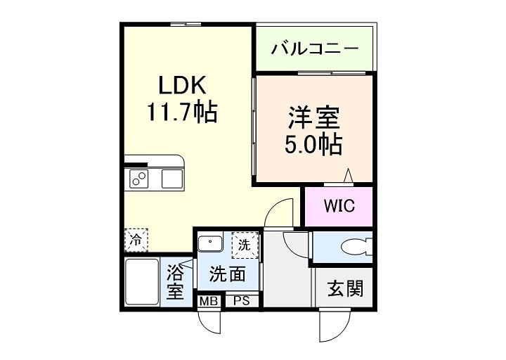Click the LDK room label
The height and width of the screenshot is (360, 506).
click(x=181, y=85)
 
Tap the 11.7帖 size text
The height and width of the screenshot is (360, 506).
click(x=181, y=110)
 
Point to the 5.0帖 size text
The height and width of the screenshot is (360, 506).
click(x=313, y=144)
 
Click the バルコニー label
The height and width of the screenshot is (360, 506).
click(x=315, y=49)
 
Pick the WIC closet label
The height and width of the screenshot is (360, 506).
click(x=339, y=207)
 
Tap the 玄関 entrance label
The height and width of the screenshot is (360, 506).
click(x=344, y=288)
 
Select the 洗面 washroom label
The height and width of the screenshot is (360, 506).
click(x=228, y=274)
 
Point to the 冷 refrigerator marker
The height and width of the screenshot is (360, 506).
click(x=136, y=240)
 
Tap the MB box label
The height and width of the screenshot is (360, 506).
click(x=208, y=301)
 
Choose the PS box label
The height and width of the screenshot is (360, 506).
click(x=241, y=301)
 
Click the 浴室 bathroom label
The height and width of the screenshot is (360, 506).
click(x=174, y=280)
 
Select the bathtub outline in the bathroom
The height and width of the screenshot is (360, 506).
click(x=142, y=283)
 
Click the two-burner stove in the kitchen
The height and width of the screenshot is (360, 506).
click(x=138, y=179)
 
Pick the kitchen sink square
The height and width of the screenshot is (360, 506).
click(x=171, y=179)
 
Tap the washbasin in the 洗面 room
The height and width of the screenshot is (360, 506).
click(x=209, y=244)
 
